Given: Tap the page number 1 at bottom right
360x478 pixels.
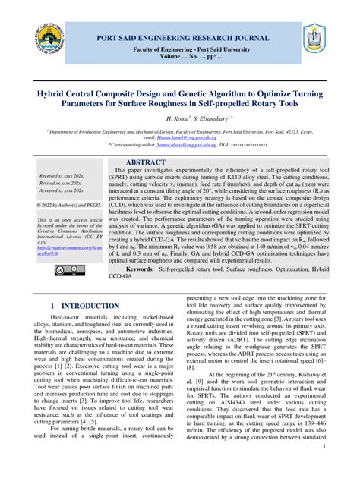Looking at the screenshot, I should point(324,468).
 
